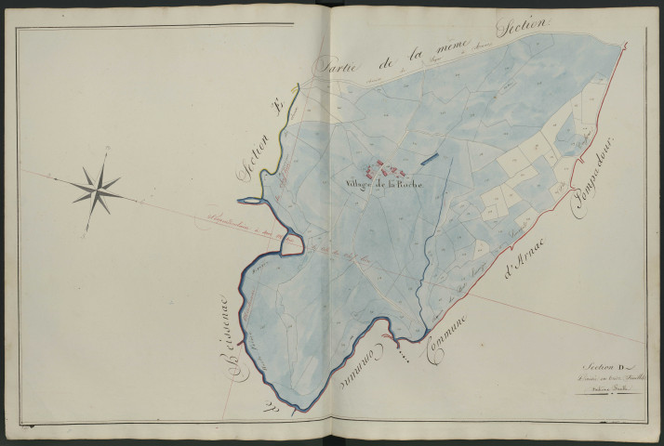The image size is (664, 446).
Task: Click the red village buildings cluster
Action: point(384,170)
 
